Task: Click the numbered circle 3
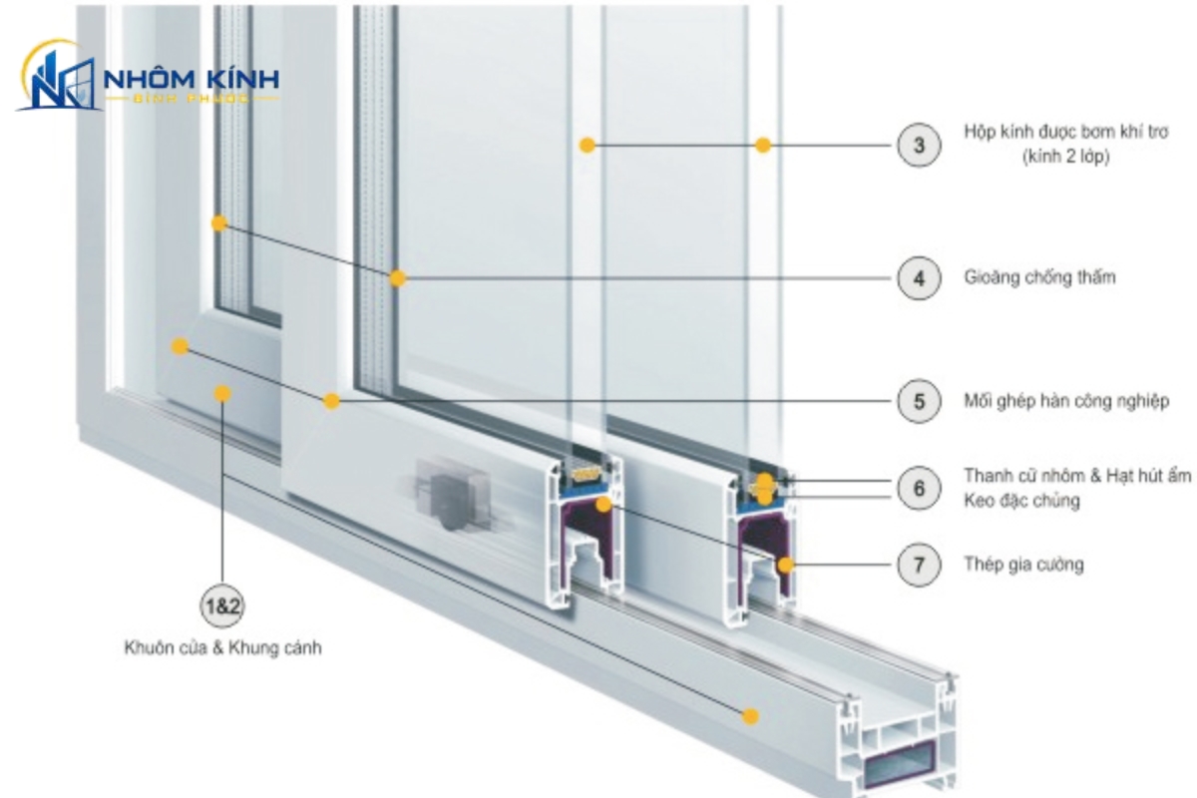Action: [919, 145]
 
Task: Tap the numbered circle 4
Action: [919, 278]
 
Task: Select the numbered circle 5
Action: [919, 401]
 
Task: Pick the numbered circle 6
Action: [919, 488]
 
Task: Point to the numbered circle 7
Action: [919, 565]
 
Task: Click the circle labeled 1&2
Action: [222, 606]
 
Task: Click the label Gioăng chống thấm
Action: [1039, 278]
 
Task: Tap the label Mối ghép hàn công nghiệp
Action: [1066, 401]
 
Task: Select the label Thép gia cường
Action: [1023, 565]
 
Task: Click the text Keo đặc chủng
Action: [1021, 501]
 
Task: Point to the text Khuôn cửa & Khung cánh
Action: [222, 647]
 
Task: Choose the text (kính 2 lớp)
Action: [1066, 157]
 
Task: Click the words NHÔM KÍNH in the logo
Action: [192, 80]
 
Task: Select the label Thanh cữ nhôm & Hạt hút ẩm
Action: [1076, 476]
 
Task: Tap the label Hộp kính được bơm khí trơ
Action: [1066, 132]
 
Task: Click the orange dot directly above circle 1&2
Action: [222, 394]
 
